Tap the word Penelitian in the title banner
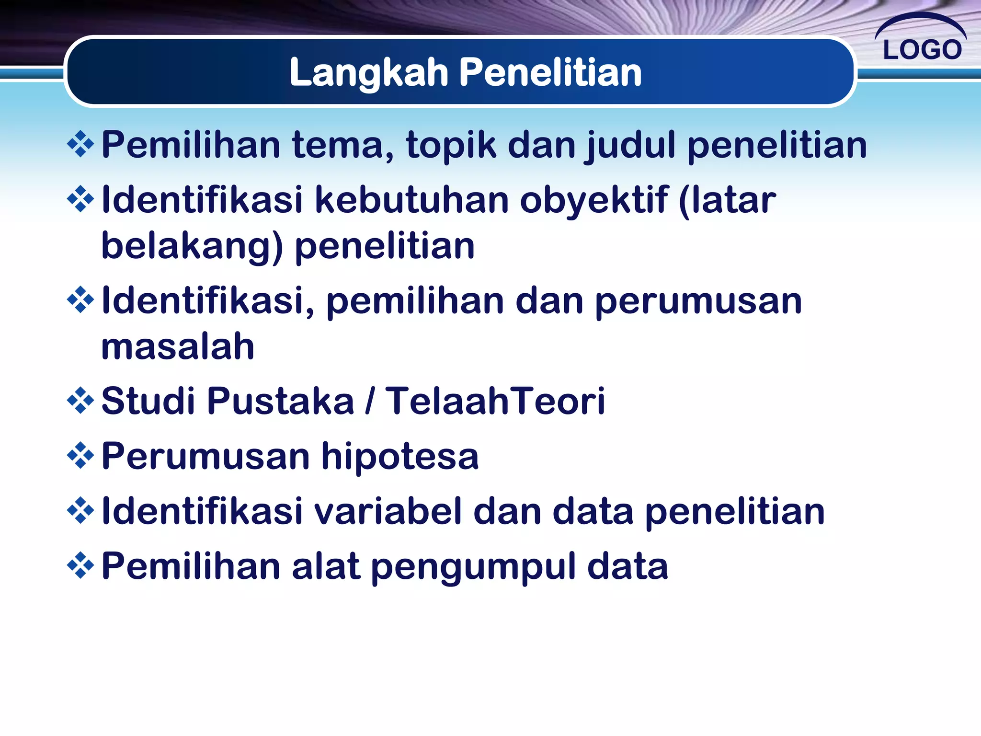coord(550,73)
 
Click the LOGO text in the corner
coord(922,49)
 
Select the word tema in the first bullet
coord(343,145)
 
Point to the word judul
coord(630,145)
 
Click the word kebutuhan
coord(411,200)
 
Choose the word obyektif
coord(594,200)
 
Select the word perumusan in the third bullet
coord(698,301)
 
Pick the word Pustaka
coord(280,401)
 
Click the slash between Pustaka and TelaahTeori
coord(369,401)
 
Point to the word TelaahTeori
coord(496,401)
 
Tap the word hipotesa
coord(400,457)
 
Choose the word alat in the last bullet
coord(326,566)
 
